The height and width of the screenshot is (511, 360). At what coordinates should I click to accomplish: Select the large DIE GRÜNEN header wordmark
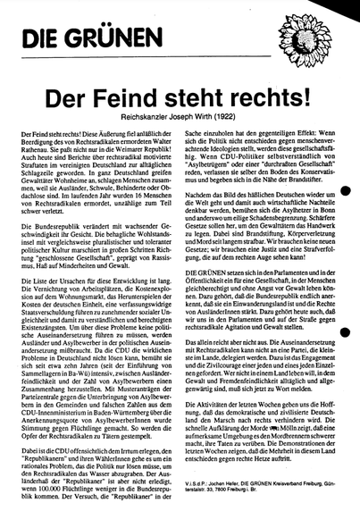[71, 38]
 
